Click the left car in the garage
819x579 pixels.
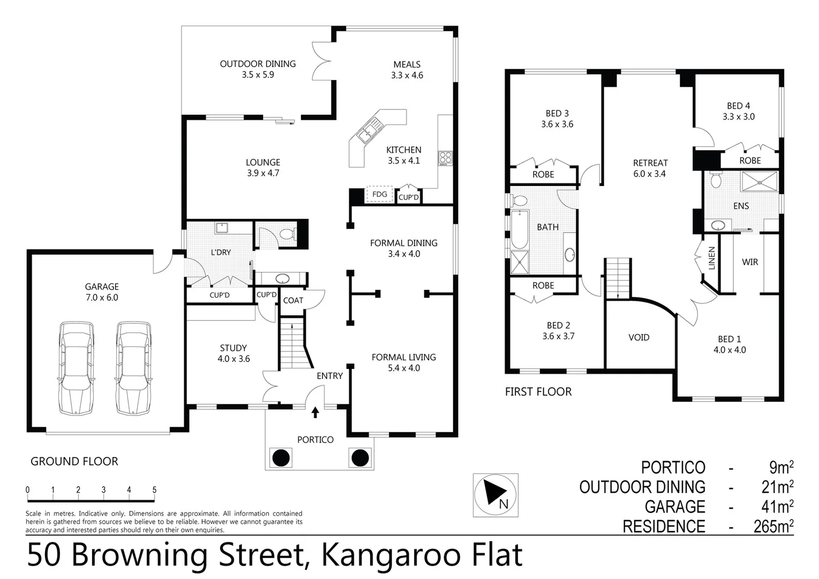(76, 368)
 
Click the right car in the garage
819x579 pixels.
(133, 368)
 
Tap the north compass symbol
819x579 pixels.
(495, 495)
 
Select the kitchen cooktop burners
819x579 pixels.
(445, 158)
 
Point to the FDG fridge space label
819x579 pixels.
(379, 194)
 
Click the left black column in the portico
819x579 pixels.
(281, 458)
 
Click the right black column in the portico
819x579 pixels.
(359, 458)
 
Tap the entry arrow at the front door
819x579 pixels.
(315, 412)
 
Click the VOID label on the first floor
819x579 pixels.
(638, 337)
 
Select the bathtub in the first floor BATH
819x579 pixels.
(519, 229)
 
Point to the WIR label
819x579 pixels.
(749, 262)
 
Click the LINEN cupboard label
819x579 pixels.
(711, 258)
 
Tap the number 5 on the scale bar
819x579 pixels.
(154, 489)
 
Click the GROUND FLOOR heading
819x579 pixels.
(74, 461)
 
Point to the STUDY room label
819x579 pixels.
(233, 348)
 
